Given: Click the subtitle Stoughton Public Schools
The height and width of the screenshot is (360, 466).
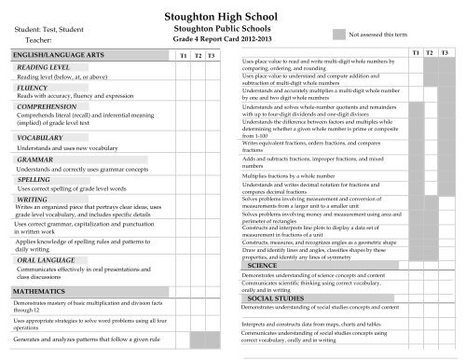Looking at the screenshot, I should [233, 30].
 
